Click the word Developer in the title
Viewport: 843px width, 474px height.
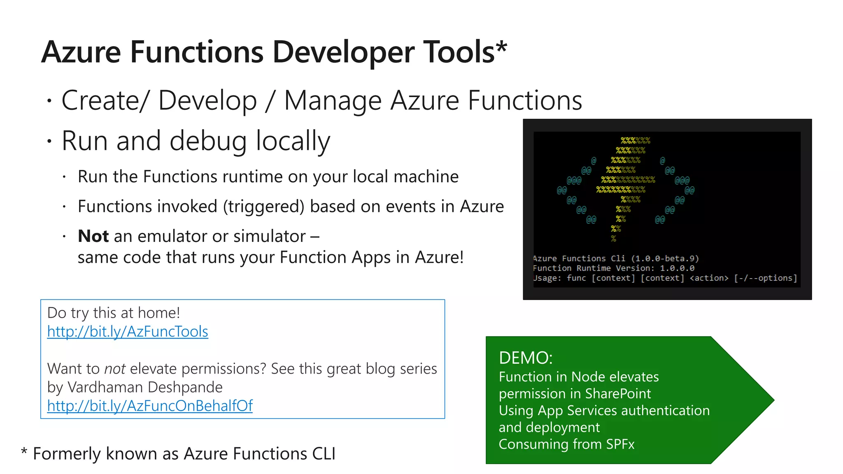[343, 53]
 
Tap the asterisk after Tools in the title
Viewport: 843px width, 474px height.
[501, 46]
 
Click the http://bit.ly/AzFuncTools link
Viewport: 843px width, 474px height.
[128, 332]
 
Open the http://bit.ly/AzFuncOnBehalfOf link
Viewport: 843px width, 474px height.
[150, 406]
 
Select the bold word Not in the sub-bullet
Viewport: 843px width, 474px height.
[93, 237]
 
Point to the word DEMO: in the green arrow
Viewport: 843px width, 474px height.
[525, 358]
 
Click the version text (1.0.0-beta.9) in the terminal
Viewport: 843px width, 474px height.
[665, 258]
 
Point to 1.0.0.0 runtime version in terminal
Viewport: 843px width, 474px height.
[677, 268]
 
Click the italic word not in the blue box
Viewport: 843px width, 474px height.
[115, 369]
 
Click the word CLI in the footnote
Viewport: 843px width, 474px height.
[324, 454]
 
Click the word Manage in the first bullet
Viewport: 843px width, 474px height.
[333, 101]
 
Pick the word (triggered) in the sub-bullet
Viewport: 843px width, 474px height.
[263, 207]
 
